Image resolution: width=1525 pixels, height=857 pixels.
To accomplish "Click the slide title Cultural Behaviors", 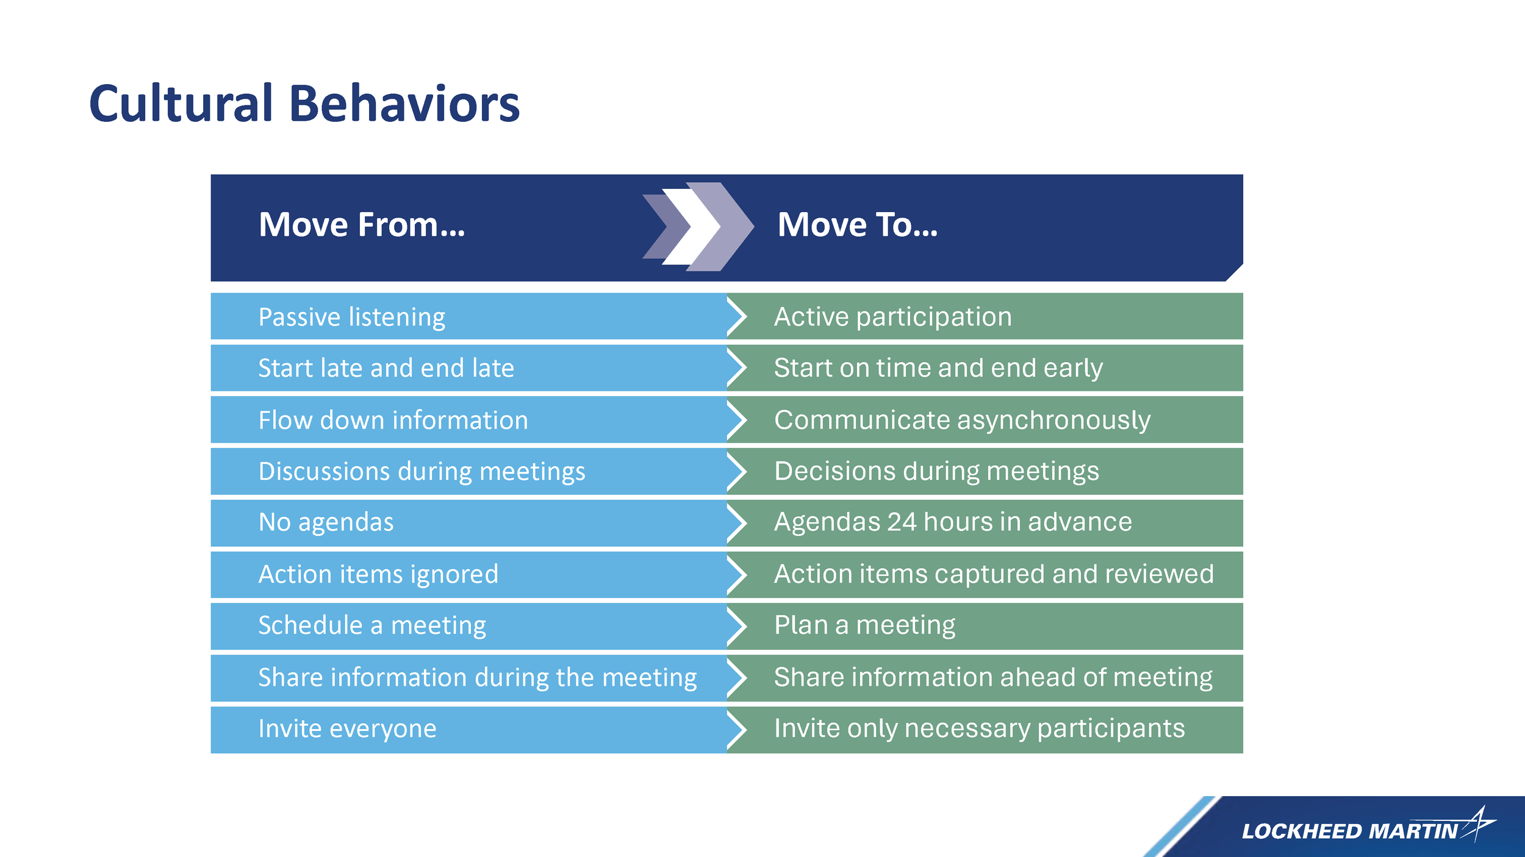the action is click(x=304, y=104).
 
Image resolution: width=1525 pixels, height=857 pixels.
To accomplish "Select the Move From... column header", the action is click(x=362, y=225).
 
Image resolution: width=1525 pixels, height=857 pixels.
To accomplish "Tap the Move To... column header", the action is click(x=857, y=225).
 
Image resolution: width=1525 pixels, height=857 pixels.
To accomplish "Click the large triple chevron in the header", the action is click(x=698, y=227).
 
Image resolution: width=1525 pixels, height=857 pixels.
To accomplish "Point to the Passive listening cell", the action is click(x=352, y=317).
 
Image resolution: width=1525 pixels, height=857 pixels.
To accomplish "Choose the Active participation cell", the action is click(x=892, y=317).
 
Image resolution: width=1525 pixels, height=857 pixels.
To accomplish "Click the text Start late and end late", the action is click(x=386, y=368).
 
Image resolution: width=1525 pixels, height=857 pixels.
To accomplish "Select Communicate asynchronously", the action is click(x=962, y=420).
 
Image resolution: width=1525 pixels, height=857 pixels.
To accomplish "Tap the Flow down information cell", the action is click(x=393, y=420).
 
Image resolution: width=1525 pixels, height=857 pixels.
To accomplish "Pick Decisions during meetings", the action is click(x=936, y=471).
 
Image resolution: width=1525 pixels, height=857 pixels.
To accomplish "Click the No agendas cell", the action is click(x=326, y=522).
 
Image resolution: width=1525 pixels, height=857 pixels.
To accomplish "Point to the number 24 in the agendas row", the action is click(x=902, y=522).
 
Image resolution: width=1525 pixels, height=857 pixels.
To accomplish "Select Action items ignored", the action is click(x=378, y=574).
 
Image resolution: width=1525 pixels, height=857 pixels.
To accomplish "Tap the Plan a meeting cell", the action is click(x=864, y=625).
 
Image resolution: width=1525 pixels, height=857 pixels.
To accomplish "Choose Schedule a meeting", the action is click(x=372, y=625).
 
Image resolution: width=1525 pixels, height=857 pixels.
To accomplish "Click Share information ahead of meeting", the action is click(x=993, y=677).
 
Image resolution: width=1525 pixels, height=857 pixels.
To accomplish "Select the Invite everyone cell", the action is click(x=347, y=729).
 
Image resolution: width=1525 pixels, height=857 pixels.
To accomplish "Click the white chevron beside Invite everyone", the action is click(x=737, y=729).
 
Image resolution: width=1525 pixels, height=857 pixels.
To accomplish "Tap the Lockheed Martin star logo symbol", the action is click(x=1480, y=823).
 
